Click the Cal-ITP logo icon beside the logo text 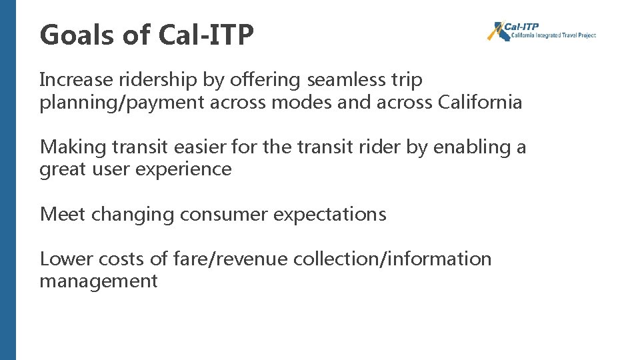496,31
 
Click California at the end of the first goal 480,103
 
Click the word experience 183,169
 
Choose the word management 98,281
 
